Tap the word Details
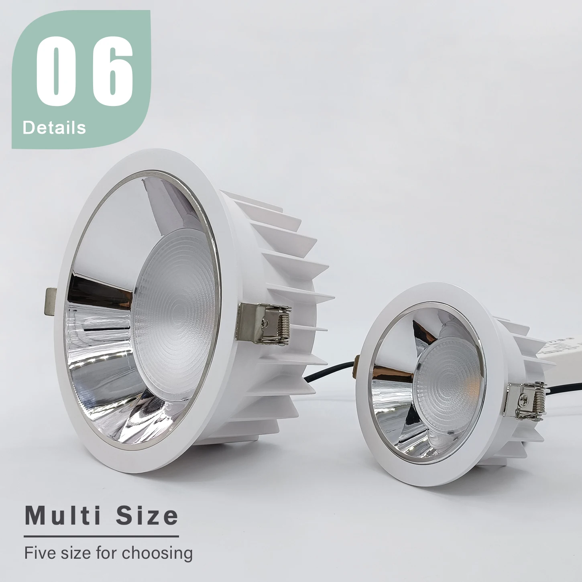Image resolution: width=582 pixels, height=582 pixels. (x=54, y=128)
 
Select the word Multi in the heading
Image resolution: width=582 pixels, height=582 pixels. (x=63, y=515)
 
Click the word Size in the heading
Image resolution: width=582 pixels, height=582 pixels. (x=147, y=515)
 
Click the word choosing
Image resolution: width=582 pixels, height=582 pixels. (x=157, y=554)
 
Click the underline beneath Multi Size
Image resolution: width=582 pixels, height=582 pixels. (x=101, y=536)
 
